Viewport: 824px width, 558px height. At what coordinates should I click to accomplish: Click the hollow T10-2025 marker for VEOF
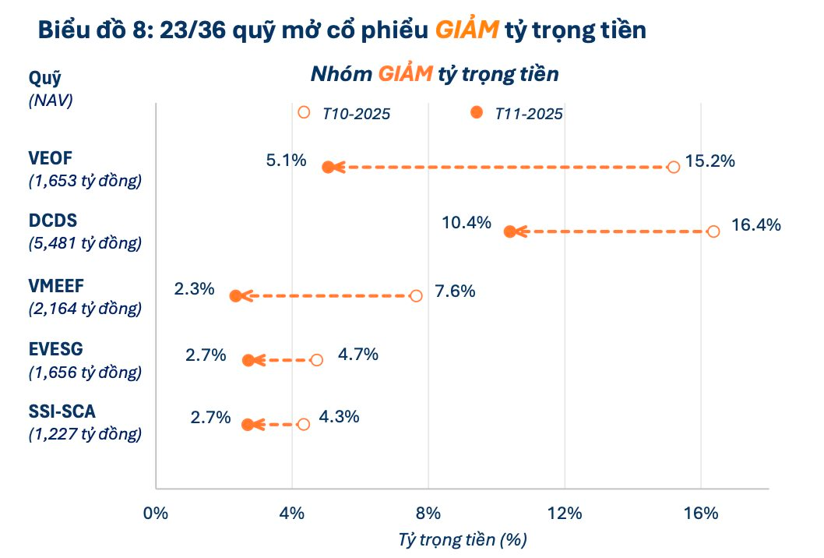pos(674,167)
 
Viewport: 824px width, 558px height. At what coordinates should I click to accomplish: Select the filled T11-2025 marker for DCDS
pos(509,231)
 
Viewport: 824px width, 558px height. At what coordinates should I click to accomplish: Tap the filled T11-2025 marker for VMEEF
pos(235,296)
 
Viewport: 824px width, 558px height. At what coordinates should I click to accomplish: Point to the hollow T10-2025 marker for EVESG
pos(316,360)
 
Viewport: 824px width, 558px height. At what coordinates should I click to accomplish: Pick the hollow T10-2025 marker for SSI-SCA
pos(303,425)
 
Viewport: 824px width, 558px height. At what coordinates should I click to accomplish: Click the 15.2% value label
pos(710,163)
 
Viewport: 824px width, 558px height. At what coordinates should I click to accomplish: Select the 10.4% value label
pos(467,223)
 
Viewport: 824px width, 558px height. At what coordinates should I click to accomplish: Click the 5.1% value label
pos(286,161)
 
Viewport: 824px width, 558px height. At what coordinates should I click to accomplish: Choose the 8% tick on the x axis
pos(428,513)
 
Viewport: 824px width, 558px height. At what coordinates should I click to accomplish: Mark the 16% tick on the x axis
pos(700,513)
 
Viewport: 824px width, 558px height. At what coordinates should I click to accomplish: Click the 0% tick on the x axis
pos(156,513)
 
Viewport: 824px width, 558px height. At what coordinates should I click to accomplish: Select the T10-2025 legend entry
pos(346,114)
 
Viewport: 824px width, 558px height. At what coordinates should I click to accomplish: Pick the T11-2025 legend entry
pos(518,114)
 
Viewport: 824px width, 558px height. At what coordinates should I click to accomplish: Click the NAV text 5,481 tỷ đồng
pos(85,243)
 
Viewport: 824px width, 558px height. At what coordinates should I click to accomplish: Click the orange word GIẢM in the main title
pos(467,30)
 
